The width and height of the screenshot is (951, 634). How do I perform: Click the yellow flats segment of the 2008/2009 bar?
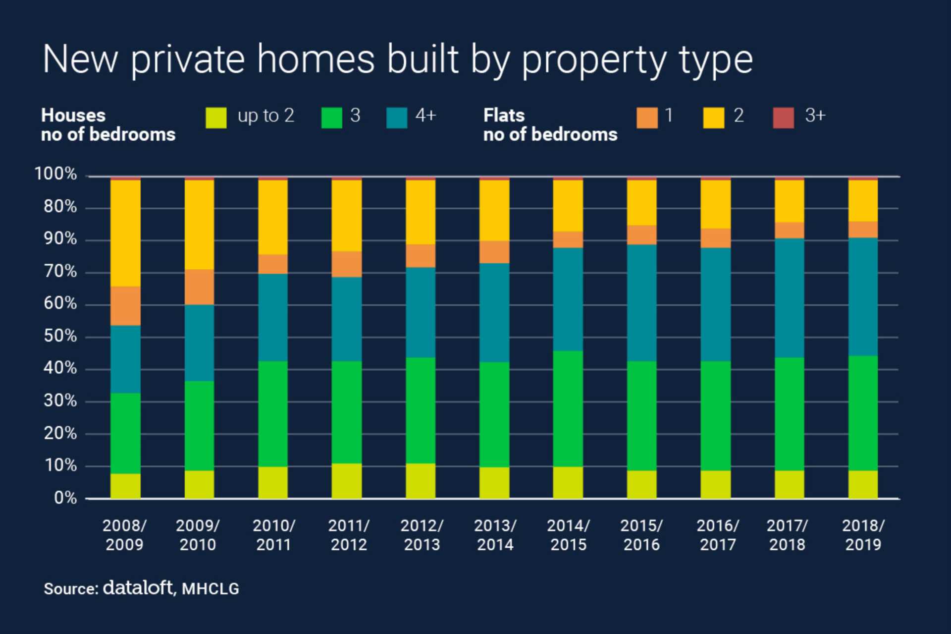click(x=125, y=233)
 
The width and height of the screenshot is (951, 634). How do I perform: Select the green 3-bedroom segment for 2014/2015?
click(x=568, y=409)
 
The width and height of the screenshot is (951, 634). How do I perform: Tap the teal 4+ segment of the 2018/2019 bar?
click(x=863, y=296)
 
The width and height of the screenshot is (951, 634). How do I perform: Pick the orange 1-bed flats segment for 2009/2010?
click(x=199, y=287)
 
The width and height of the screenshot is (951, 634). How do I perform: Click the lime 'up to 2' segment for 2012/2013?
click(x=421, y=481)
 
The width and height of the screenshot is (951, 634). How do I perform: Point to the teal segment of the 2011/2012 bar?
click(x=347, y=319)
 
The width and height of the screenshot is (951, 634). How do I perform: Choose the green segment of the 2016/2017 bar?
click(x=715, y=415)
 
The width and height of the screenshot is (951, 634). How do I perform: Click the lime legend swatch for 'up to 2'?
click(x=216, y=118)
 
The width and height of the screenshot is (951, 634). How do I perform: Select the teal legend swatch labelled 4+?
click(x=397, y=118)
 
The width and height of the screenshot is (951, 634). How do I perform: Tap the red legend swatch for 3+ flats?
click(x=783, y=118)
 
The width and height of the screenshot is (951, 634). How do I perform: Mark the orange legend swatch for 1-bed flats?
click(x=647, y=118)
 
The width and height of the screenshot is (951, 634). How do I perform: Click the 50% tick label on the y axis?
click(x=60, y=336)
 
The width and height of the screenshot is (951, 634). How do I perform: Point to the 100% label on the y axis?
click(x=55, y=174)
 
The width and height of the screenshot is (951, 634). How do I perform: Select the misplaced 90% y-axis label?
click(x=60, y=239)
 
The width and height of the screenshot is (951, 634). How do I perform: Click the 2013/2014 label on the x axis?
click(x=495, y=535)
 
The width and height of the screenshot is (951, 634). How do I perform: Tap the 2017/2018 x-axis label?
click(x=787, y=535)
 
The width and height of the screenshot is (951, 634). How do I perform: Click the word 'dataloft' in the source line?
click(x=138, y=587)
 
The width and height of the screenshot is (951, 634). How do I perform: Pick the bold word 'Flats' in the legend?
click(x=504, y=115)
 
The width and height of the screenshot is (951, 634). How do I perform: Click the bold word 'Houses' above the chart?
click(x=73, y=115)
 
